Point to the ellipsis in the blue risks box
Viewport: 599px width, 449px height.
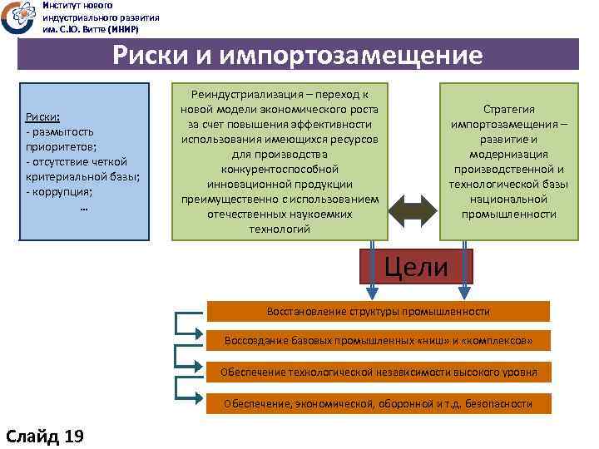pos(83,207)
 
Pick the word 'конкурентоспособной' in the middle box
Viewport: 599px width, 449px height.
pos(280,169)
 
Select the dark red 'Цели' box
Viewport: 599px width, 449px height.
pos(416,267)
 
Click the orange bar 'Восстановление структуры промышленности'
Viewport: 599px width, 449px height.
pos(378,311)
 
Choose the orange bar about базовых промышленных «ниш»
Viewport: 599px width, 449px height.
pos(378,341)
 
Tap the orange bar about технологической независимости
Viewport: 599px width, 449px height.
pos(378,372)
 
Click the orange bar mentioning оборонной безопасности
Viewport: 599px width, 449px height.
pos(378,403)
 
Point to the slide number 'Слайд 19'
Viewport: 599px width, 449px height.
pos(45,436)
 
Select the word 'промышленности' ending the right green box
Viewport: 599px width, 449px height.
pos(509,214)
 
